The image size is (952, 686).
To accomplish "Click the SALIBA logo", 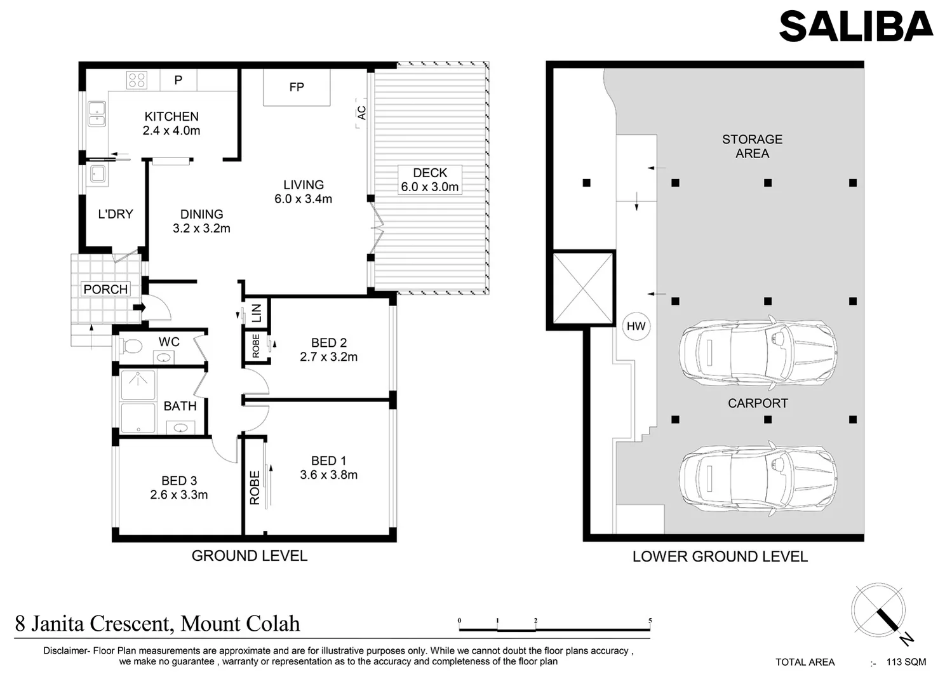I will point(855,27).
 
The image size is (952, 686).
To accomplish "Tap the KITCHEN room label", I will point(171,117).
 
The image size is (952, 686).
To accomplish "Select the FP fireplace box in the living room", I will point(297,88).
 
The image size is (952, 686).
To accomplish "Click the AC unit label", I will point(361,113).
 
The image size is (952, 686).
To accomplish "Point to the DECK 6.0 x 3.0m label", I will point(429,180).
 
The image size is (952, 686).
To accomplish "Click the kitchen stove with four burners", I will point(137,80).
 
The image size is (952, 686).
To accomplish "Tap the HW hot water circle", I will point(636,326).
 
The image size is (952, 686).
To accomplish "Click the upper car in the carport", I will point(757,353).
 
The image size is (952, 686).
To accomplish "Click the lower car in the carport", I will point(757,477).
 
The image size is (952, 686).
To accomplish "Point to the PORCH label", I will point(105,290).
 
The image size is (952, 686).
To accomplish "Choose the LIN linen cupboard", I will point(257,312).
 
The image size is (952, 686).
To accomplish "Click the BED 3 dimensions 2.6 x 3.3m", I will point(179,495).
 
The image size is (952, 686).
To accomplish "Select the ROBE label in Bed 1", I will point(255,488).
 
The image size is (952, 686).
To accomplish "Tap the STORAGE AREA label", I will point(752,146).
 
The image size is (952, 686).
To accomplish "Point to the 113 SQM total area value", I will point(906,662).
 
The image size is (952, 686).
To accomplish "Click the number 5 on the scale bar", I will point(650,621).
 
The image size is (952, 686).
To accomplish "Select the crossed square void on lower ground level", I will point(582,288).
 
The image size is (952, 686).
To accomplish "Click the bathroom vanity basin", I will point(180,427).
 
